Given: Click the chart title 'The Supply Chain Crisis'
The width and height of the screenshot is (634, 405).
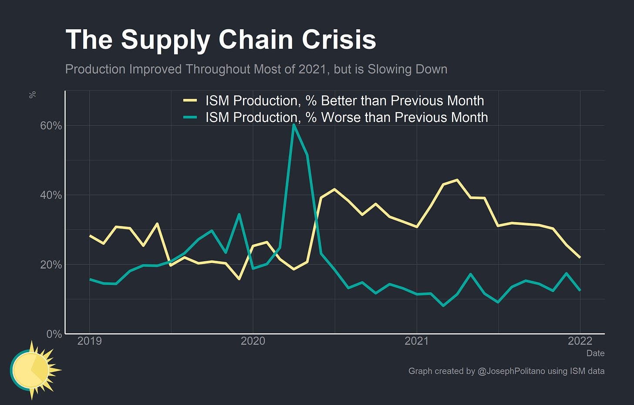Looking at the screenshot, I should [x=220, y=40].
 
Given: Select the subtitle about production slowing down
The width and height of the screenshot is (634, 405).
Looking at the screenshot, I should [x=256, y=69].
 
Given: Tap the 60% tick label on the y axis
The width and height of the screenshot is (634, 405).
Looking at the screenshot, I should [x=51, y=126].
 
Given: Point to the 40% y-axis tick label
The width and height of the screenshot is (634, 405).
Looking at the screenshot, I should [x=51, y=195].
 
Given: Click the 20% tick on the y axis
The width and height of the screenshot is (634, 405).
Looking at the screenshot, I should [x=51, y=265].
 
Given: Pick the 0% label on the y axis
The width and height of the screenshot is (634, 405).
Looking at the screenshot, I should [x=54, y=334].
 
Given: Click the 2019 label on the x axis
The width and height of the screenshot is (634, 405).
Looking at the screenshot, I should [x=89, y=341].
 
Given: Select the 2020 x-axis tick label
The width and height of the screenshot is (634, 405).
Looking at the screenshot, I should [x=253, y=341].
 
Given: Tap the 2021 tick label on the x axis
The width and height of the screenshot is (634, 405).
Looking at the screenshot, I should [x=417, y=341].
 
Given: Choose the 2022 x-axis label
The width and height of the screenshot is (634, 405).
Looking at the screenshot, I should [x=580, y=341].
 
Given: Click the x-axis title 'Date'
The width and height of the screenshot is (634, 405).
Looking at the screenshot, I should [x=595, y=353].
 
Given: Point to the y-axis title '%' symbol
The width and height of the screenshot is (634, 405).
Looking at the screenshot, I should [x=32, y=95].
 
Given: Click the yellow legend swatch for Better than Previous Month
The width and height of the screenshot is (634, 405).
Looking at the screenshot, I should [x=190, y=101].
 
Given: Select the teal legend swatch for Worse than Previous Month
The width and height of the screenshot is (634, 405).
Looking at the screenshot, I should [x=190, y=117].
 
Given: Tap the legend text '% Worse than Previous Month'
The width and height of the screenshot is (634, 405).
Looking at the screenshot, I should [x=347, y=117].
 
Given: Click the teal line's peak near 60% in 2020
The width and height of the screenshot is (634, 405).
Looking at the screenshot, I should [x=294, y=125].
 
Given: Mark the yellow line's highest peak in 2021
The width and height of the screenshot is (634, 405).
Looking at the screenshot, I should [x=457, y=179].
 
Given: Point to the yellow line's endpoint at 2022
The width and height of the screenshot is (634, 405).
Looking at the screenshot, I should [x=580, y=257].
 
